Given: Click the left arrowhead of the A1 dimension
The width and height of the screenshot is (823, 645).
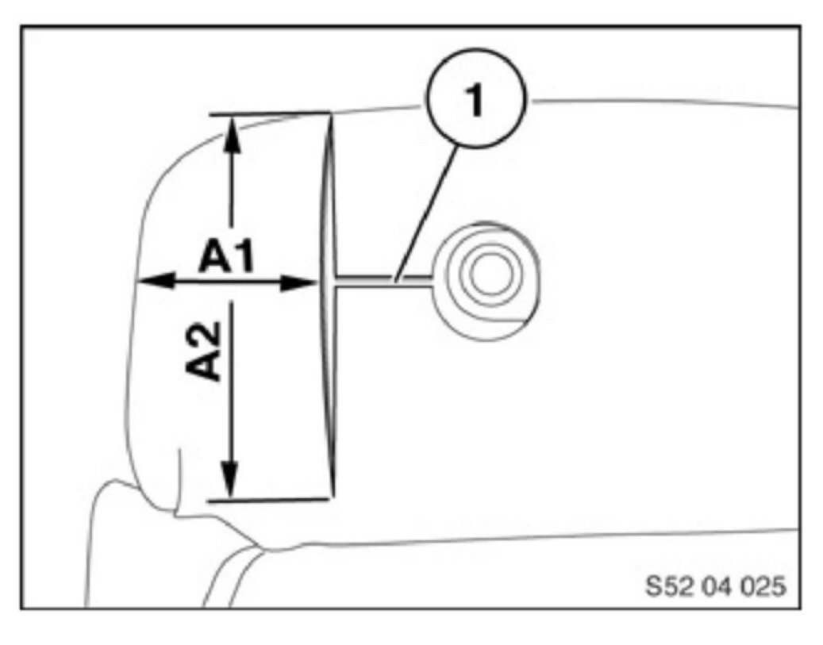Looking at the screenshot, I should (x=152, y=280).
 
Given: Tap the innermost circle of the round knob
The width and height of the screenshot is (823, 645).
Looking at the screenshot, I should (x=485, y=274).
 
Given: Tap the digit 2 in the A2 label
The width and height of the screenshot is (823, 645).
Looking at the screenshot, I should (x=208, y=331).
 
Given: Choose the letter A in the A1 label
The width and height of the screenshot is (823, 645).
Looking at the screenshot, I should (x=213, y=258).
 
